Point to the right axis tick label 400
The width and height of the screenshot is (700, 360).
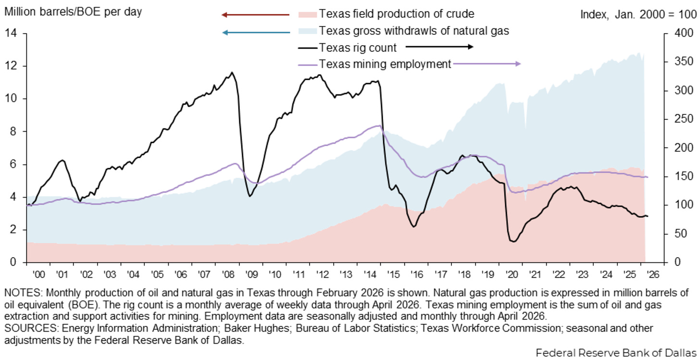click(684, 33)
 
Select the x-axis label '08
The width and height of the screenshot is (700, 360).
click(228, 274)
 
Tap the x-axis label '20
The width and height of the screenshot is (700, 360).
click(511, 274)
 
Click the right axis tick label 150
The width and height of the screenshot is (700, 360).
click(684, 176)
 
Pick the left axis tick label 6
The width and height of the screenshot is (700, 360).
click(13, 164)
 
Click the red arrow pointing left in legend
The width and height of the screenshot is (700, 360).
click(255, 15)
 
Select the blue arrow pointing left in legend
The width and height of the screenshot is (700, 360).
click(256, 32)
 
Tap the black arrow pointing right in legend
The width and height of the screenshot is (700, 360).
click(439, 47)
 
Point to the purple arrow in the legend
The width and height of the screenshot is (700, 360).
click(487, 64)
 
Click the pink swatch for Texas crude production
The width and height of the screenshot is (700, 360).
click(308, 14)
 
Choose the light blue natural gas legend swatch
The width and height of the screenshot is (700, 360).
click(308, 31)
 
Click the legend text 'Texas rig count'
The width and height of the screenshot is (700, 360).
click(358, 48)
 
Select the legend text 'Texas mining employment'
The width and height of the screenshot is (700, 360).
click(385, 64)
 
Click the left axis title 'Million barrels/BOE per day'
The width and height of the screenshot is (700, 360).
click(73, 12)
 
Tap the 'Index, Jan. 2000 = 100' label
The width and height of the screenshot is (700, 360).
click(638, 14)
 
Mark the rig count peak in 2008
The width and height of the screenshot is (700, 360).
click(232, 73)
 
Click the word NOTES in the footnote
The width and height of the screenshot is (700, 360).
click(23, 293)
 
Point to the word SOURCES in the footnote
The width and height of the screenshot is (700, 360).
click(31, 328)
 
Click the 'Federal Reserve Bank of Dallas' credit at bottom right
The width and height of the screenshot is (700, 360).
click(616, 352)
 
